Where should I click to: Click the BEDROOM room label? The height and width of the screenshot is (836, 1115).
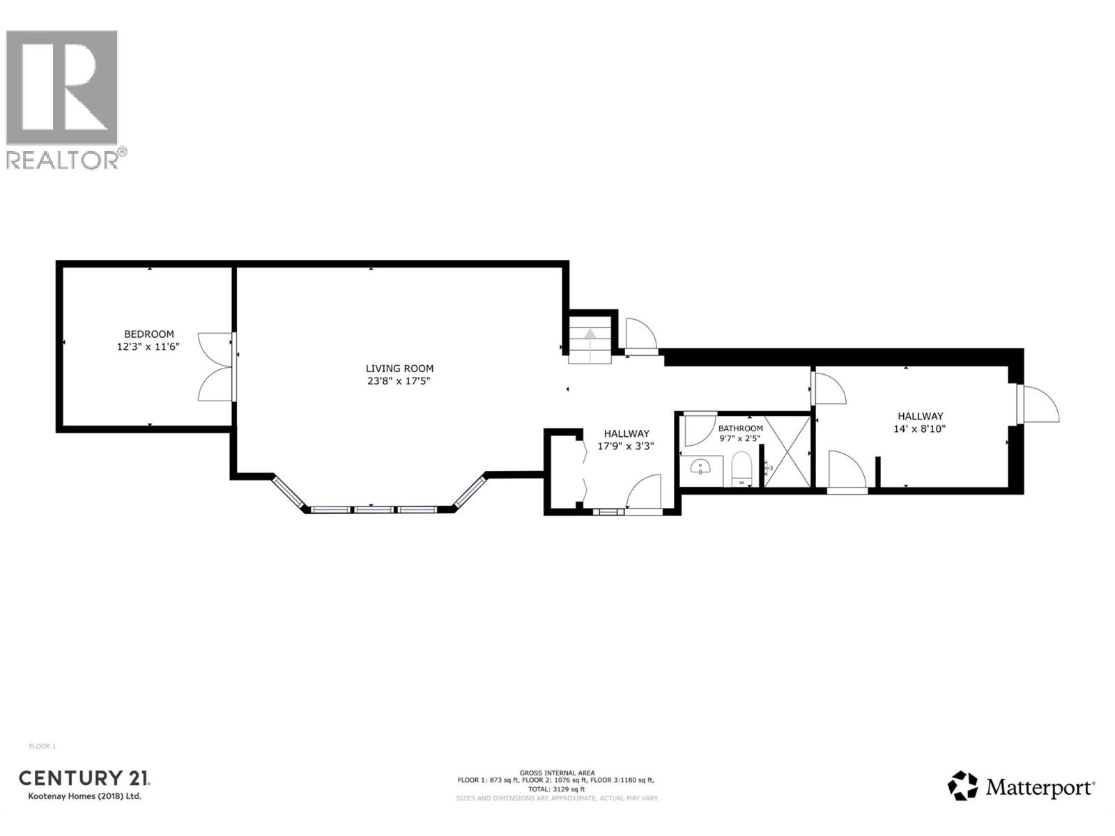click(x=148, y=334)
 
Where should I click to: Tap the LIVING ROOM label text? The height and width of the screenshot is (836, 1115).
click(x=399, y=369)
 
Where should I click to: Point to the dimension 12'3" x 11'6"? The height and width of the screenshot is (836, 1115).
click(x=148, y=346)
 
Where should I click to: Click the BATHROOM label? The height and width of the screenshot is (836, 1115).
click(x=740, y=428)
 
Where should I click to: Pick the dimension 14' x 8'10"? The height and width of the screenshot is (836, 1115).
click(x=919, y=429)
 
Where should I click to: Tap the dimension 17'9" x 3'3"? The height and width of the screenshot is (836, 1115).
click(x=626, y=446)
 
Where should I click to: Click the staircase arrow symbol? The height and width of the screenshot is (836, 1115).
click(x=590, y=340)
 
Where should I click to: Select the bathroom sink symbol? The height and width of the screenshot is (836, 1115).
click(x=699, y=467)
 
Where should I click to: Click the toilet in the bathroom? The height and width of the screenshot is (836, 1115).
click(x=741, y=468)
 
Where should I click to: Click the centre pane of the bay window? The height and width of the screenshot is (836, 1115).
click(x=376, y=510)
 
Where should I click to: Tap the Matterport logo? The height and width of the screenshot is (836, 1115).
click(x=1021, y=787)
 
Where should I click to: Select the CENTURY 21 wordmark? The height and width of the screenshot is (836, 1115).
click(x=84, y=778)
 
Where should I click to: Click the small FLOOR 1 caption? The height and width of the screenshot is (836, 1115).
click(x=43, y=746)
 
